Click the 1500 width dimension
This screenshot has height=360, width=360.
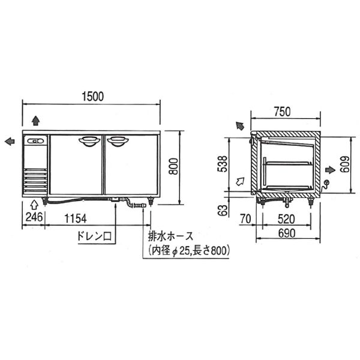[93, 96]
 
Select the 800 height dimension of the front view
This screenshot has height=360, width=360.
[173, 166]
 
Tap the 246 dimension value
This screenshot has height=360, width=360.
[34, 217]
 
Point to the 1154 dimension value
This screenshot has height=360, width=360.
[76, 218]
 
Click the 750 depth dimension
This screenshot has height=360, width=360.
[282, 112]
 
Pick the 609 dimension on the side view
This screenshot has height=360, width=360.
[345, 164]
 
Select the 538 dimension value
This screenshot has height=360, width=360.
[223, 164]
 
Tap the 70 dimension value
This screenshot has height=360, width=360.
[245, 219]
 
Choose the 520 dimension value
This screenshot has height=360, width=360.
[286, 219]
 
